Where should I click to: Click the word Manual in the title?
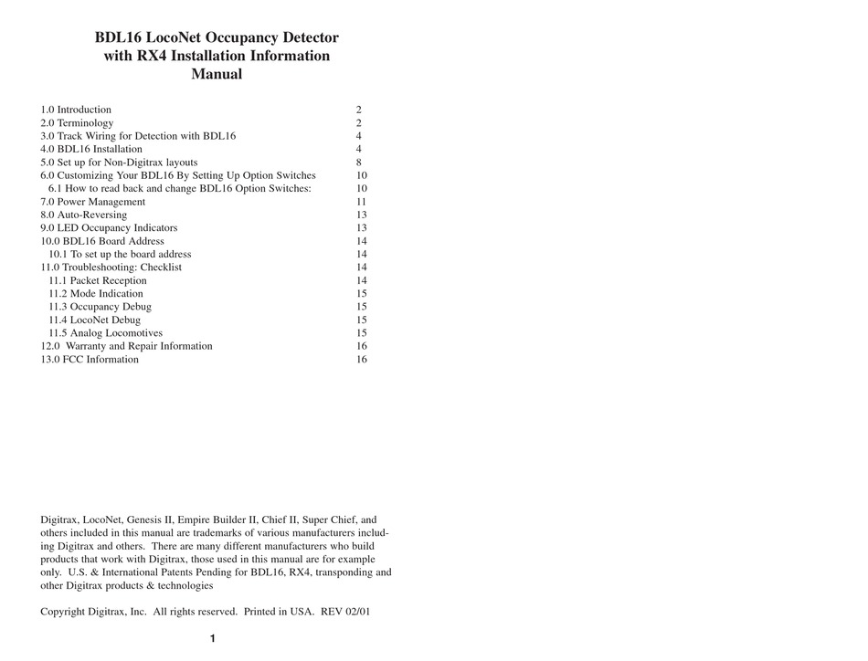pos(217,75)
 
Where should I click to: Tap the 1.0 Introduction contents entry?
pos(76,110)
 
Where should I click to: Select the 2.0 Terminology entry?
pos(77,122)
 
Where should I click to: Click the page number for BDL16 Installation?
pos(359,149)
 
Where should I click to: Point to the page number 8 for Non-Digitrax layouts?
pos(359,163)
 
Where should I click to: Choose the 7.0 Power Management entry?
pos(92,202)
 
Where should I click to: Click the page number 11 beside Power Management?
pos(362,202)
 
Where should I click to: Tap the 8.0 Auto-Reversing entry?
pos(83,215)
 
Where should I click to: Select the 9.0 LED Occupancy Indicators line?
pos(109,228)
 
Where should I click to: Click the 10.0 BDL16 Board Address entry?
pos(102,241)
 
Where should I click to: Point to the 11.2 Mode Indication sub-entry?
pos(95,294)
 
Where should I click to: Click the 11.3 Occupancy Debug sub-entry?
pos(100,307)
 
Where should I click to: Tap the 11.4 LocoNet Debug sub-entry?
pos(94,320)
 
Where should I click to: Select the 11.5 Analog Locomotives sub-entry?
pos(105,333)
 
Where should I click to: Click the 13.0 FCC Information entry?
pos(90,360)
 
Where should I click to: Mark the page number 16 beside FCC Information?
pos(362,360)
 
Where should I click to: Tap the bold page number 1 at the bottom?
pos(212,639)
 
